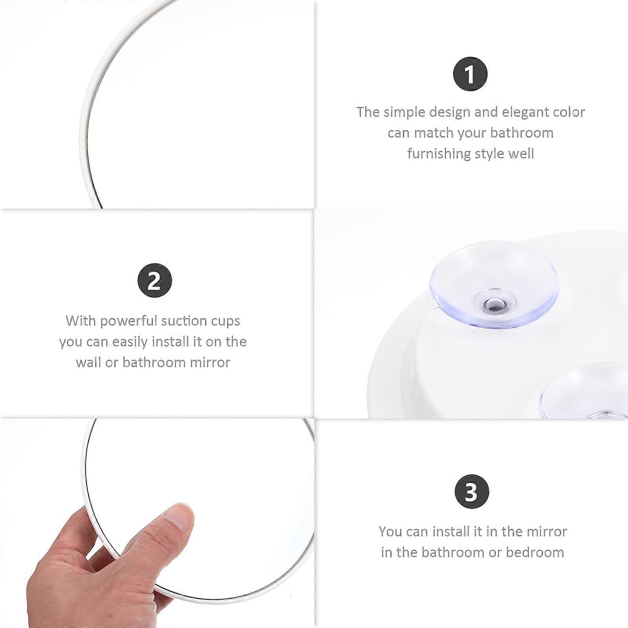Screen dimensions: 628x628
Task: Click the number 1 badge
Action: tap(470, 74)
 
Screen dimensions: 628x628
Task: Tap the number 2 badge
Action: tap(155, 280)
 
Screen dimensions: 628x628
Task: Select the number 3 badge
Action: tap(472, 491)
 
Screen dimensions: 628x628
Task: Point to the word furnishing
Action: tap(439, 153)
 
